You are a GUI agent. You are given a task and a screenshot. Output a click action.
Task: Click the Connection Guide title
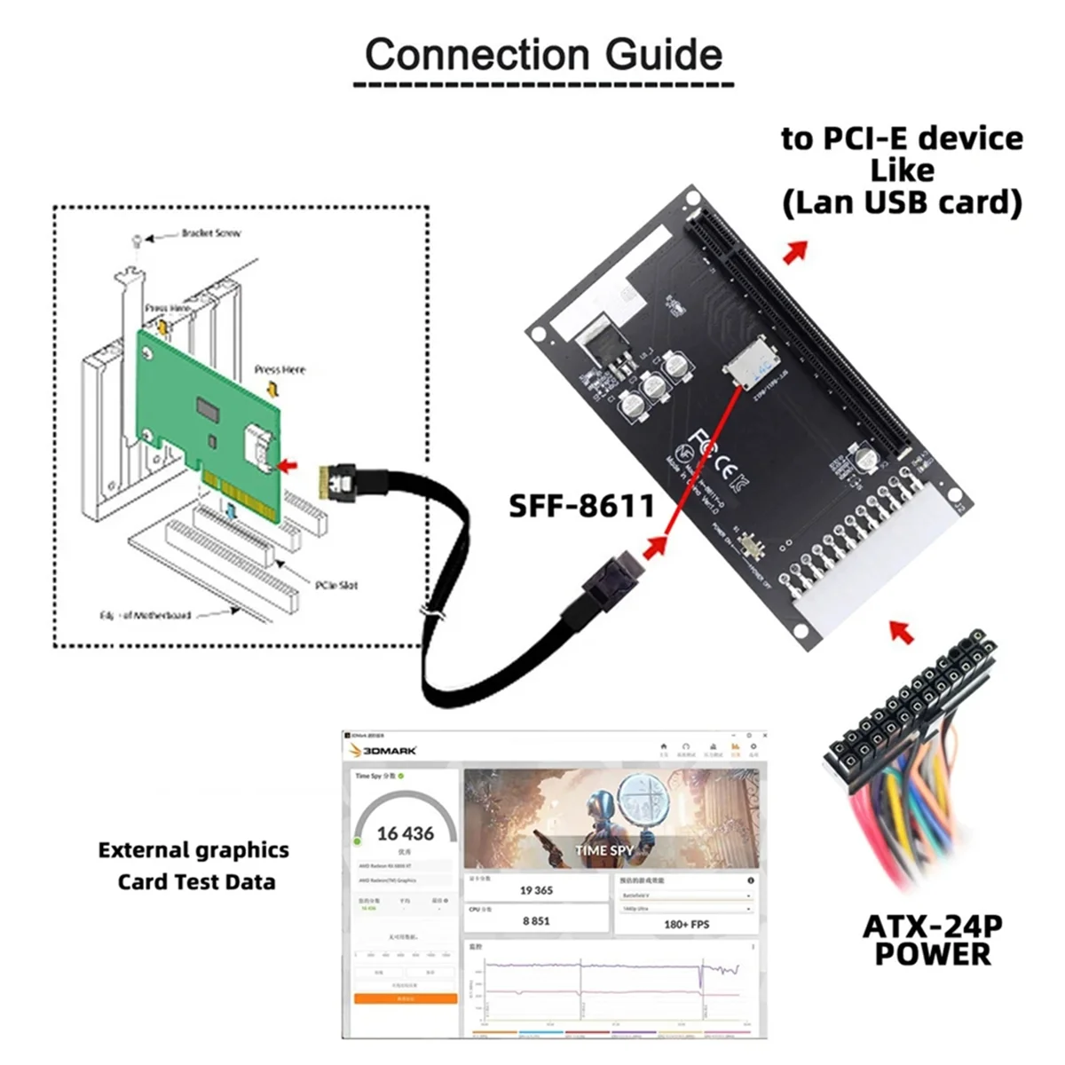coord(543,55)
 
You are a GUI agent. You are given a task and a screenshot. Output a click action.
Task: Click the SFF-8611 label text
coord(581,506)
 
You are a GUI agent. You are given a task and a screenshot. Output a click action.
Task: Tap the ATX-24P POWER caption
coord(932,940)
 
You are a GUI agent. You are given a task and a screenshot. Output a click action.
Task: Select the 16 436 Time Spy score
coord(406,833)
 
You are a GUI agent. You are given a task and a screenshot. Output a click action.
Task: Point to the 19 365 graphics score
coord(536,890)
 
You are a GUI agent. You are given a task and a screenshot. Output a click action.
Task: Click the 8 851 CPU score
coord(536,921)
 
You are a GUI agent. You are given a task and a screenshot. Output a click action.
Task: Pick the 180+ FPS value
coord(686,924)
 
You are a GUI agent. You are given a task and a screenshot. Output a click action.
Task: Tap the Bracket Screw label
coord(210,233)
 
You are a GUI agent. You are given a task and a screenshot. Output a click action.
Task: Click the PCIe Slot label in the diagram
coord(336,585)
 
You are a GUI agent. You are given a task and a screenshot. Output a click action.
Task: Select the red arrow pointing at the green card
coord(288,464)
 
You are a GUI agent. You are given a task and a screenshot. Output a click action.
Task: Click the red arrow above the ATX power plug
coord(902,632)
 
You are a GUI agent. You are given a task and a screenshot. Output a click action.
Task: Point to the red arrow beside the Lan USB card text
coord(795,251)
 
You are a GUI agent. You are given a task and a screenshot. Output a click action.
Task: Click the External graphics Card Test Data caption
coord(194,866)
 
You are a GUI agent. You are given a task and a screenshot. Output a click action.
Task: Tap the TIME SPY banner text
coord(603,850)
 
